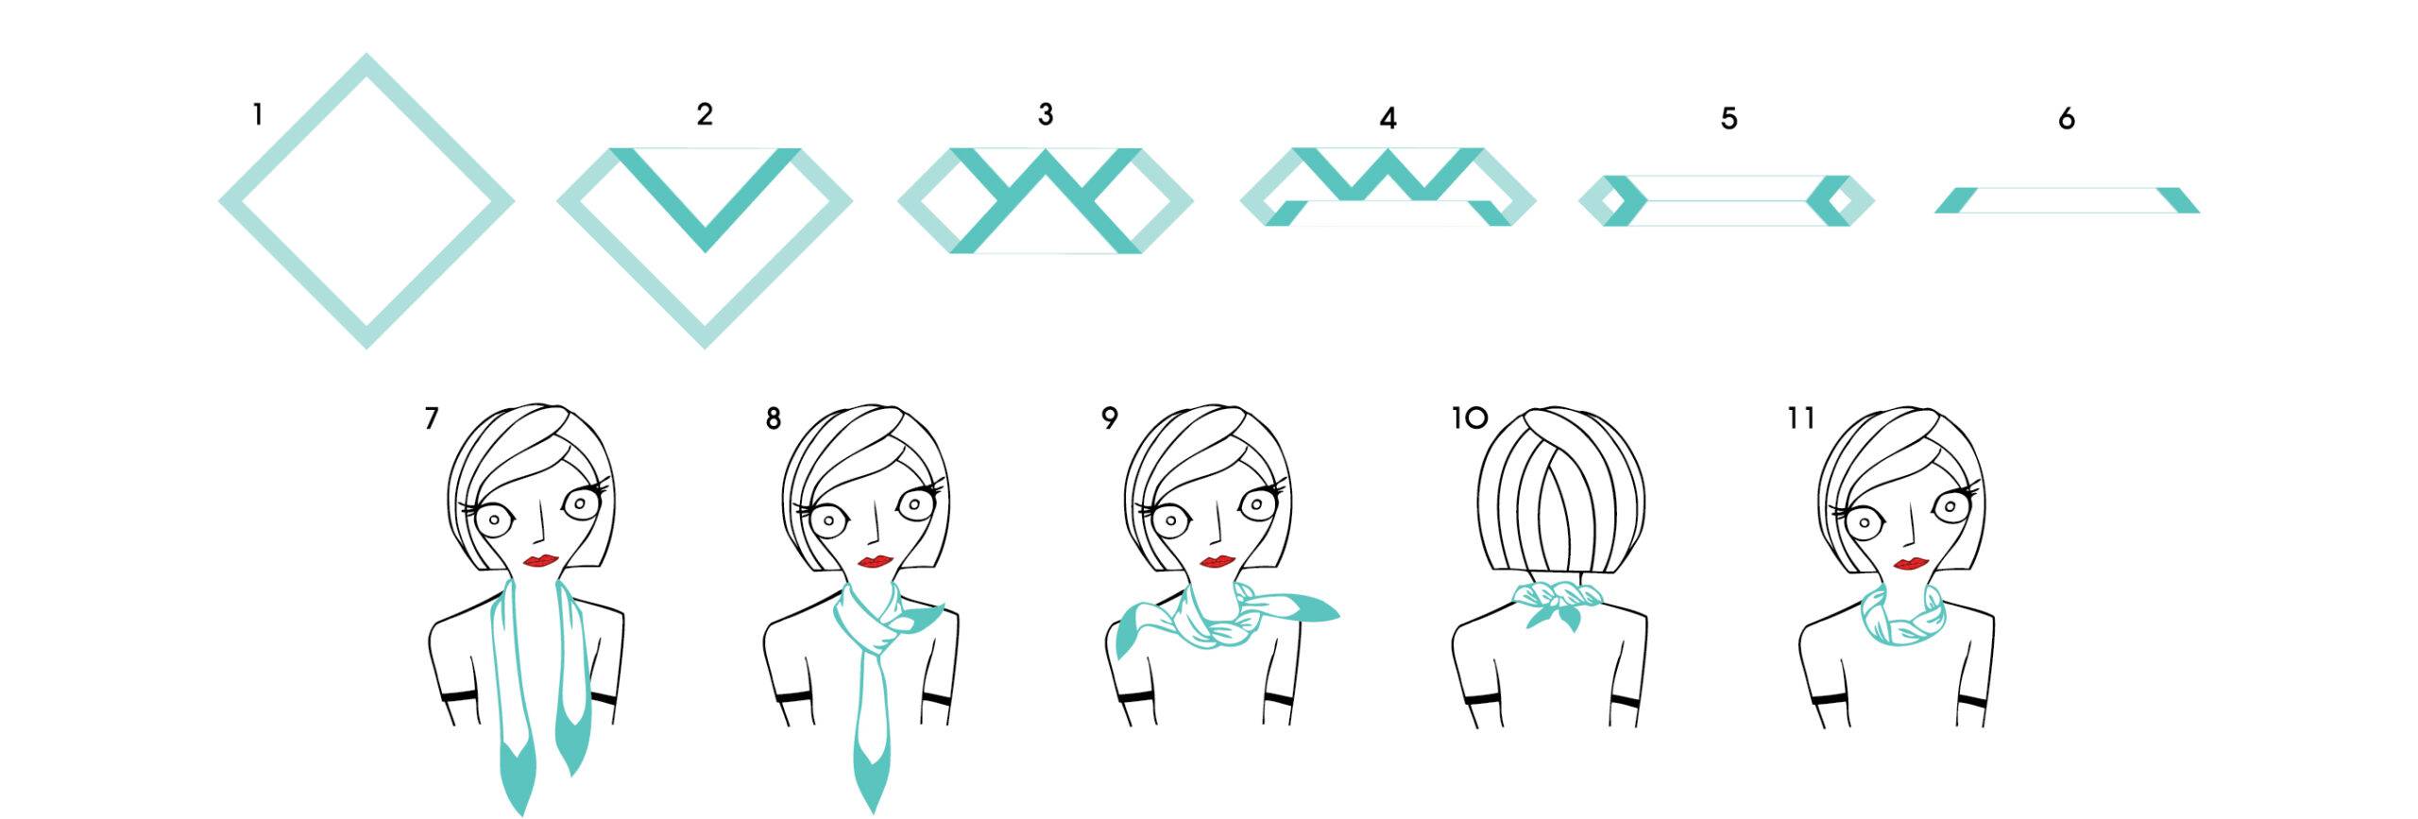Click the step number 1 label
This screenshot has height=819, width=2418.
(257, 116)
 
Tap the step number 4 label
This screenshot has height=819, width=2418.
(1388, 119)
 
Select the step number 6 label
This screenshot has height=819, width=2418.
(2067, 119)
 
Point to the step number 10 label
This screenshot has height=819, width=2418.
(1470, 418)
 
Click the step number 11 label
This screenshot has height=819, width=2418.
(1802, 418)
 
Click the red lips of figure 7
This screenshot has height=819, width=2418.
(539, 561)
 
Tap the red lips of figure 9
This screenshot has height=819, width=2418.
(1217, 562)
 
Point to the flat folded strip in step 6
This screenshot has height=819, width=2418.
(2067, 200)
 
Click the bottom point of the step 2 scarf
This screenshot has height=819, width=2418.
(705, 347)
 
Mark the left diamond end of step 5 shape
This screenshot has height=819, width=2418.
(1612, 200)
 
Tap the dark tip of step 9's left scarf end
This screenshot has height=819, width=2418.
(1125, 643)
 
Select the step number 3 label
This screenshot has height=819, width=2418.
(1046, 114)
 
